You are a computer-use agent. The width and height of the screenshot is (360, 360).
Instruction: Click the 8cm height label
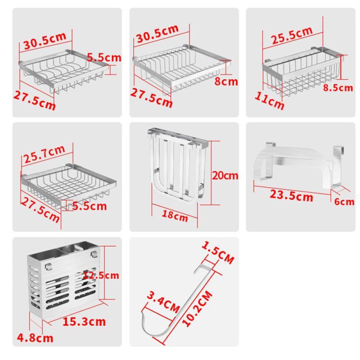point(226,82)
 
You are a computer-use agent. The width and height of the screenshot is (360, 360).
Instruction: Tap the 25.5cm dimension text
point(292,36)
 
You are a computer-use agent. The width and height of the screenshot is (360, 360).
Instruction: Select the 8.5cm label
point(338,88)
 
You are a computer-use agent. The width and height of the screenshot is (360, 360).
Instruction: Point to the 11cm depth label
point(270,100)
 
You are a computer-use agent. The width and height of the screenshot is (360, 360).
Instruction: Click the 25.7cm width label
point(44,154)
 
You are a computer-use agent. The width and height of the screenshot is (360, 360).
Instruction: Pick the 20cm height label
point(225,175)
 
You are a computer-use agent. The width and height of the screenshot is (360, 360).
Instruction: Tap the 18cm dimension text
point(175,216)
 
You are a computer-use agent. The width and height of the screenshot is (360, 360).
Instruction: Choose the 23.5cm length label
point(291,196)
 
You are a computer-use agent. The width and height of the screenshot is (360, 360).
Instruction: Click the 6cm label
point(344,202)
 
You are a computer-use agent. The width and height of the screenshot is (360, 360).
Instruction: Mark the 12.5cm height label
point(101,275)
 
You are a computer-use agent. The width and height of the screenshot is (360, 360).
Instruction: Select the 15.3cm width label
point(84,321)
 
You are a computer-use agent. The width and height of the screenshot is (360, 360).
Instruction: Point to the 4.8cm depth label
point(35,338)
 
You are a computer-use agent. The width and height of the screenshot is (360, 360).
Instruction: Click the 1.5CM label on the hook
point(218,252)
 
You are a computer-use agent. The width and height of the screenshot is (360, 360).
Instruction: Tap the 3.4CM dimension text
point(163,302)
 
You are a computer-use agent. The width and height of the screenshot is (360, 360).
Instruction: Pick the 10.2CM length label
point(197,308)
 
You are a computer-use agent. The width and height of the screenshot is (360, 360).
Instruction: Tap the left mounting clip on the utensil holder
point(48,266)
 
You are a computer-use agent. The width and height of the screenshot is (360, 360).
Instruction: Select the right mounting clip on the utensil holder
point(94,254)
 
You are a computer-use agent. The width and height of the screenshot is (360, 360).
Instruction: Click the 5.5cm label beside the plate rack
point(104,58)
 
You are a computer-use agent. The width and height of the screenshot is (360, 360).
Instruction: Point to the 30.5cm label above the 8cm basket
point(157,33)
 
